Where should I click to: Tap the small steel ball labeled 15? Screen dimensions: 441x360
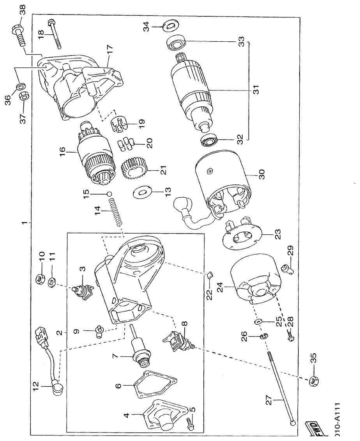pyautogui.click(x=110, y=194)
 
